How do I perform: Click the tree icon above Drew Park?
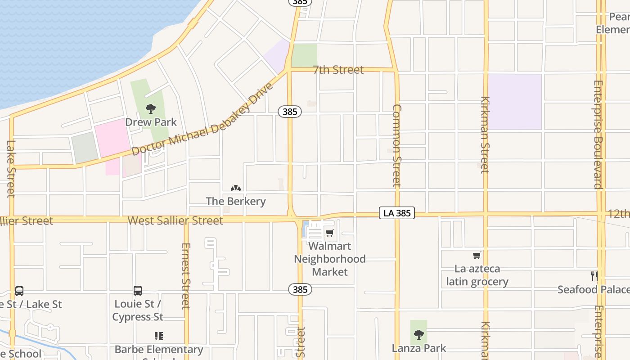point(151,108)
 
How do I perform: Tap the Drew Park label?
point(151,122)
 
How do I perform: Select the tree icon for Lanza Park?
point(418,334)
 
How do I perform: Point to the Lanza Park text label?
point(418,348)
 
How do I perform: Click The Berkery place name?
point(236,201)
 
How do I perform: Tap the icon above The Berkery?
point(236,188)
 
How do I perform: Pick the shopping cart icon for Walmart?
point(330,233)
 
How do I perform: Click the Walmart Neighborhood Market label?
point(330,259)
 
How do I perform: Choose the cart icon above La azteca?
point(477,256)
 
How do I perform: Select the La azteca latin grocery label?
point(477,275)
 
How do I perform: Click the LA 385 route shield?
point(396,213)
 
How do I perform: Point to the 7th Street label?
point(338,70)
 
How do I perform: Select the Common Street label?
point(396,145)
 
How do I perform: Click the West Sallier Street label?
point(175,220)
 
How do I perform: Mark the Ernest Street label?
point(185,275)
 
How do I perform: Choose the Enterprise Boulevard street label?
point(598,134)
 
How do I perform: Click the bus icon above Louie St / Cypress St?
point(138,291)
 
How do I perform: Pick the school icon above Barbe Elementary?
point(158,336)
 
